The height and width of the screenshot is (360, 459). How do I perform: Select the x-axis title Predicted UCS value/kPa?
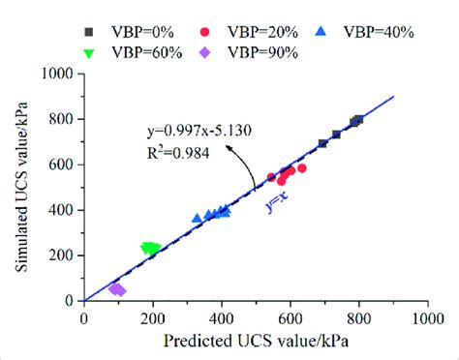[256, 342]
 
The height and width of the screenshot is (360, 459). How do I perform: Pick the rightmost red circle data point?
[302, 168]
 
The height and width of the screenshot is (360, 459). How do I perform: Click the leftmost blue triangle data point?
[198, 219]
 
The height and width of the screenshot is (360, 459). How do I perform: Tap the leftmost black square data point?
[322, 143]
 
